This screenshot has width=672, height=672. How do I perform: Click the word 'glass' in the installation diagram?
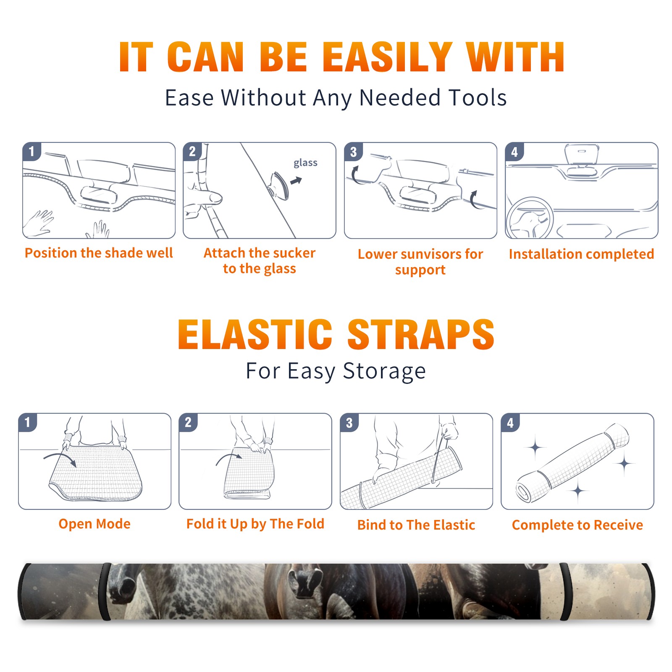pyautogui.click(x=305, y=163)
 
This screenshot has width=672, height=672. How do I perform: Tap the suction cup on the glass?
pyautogui.click(x=279, y=185)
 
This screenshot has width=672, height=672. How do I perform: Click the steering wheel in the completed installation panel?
pyautogui.click(x=529, y=218)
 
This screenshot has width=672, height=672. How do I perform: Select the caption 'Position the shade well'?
pyautogui.click(x=99, y=253)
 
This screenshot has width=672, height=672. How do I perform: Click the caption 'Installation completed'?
pyautogui.click(x=581, y=254)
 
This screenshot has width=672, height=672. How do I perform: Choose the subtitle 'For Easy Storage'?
pyautogui.click(x=336, y=371)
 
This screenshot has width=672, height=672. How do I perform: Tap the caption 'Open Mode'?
pyautogui.click(x=94, y=524)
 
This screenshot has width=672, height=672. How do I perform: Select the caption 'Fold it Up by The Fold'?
pyautogui.click(x=255, y=524)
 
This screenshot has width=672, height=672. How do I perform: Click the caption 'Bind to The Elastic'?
pyautogui.click(x=416, y=525)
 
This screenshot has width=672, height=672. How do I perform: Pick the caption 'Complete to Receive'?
pyautogui.click(x=577, y=525)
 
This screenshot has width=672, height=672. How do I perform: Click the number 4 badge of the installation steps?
pyautogui.click(x=514, y=152)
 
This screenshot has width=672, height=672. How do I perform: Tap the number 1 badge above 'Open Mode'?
pyautogui.click(x=28, y=422)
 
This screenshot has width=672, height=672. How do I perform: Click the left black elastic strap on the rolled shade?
pyautogui.click(x=106, y=591)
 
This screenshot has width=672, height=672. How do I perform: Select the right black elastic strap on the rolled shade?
pyautogui.click(x=565, y=591)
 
